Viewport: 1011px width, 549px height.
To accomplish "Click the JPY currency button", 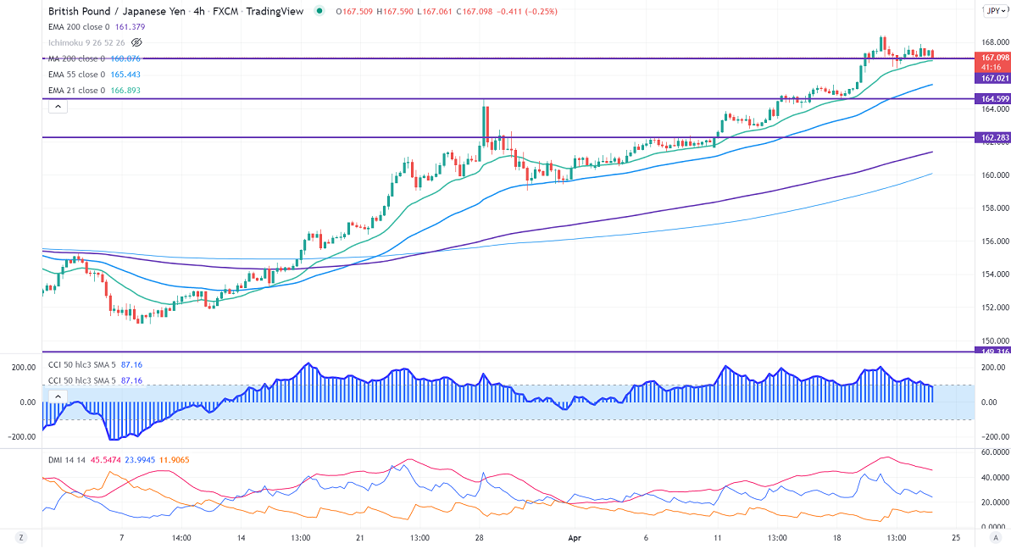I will (x=993, y=11).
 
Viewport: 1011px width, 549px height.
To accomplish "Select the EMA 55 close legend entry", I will (x=76, y=75).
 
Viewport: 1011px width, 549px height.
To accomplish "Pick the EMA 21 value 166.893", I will (x=125, y=91).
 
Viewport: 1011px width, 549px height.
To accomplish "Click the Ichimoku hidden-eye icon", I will (x=137, y=42).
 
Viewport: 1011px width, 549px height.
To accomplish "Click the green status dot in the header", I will (x=319, y=11).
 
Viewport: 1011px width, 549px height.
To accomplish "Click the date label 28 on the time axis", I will (x=480, y=538).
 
